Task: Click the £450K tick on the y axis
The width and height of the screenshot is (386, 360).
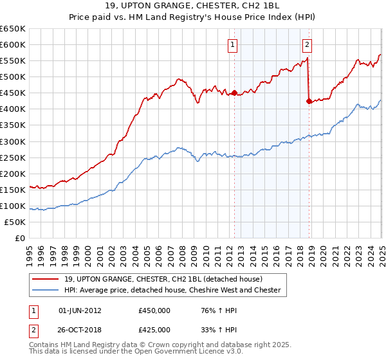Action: click(14, 93)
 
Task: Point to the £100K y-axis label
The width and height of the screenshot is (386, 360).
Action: click(14, 206)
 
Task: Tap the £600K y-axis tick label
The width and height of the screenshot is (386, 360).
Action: click(14, 45)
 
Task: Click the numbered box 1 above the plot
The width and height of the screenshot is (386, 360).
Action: click(232, 44)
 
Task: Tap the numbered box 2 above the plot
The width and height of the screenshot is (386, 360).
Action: click(307, 44)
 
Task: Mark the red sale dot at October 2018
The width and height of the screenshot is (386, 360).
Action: click(309, 101)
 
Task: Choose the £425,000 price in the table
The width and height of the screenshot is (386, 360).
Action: click(154, 330)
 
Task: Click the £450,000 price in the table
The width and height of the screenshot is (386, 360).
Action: click(154, 310)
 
